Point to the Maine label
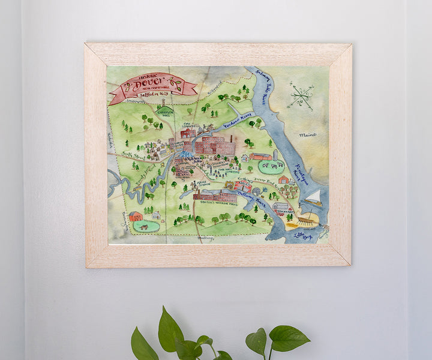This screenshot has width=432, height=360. (307, 135)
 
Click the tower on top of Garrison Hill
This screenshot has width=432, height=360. (163, 103)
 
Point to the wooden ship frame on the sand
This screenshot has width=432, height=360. (300, 221)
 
